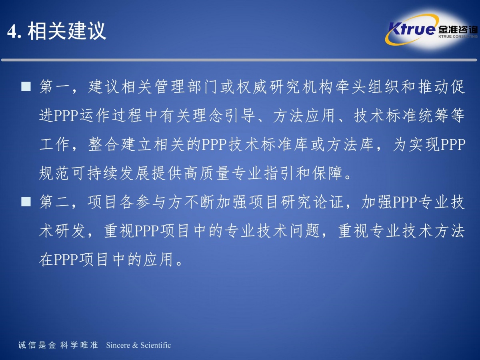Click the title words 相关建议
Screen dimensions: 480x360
(67, 31)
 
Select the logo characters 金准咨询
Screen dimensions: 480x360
(458, 30)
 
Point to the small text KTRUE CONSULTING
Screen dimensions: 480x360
(458, 36)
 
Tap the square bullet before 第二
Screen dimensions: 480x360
(26, 202)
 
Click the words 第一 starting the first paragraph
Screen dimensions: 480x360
(54, 87)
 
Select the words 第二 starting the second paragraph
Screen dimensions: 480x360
(54, 202)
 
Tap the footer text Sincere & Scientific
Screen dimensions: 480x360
(138, 345)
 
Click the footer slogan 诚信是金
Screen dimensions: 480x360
(37, 345)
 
